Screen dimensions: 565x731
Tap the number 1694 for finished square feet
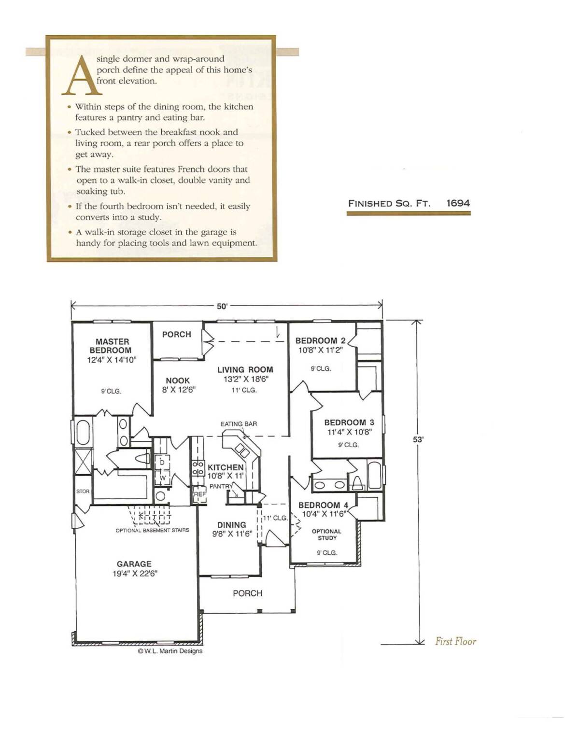458,203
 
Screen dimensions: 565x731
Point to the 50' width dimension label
223,307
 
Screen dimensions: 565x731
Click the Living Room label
245,370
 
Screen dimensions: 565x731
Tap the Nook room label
178,380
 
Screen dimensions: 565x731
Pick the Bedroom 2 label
321,340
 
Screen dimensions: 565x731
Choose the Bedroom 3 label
350,422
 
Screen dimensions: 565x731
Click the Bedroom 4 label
324,505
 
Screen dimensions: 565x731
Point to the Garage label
134,564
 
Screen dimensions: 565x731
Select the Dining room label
232,525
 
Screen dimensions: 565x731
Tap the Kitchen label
226,467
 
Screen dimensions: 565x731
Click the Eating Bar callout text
239,424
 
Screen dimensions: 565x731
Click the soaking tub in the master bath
83,433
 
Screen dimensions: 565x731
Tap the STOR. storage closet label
83,491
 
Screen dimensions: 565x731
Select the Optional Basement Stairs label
152,531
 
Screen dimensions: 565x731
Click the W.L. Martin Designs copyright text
170,651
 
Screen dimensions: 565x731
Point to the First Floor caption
456,641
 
